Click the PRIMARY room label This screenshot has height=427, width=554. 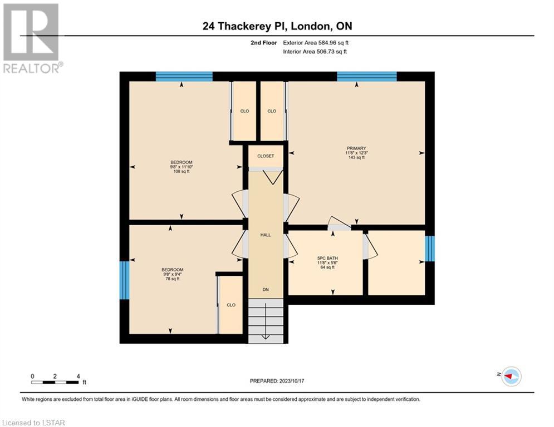(x=356, y=148)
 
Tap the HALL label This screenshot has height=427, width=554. (x=266, y=235)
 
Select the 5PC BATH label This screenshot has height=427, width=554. (x=327, y=258)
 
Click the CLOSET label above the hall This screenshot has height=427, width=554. (x=266, y=156)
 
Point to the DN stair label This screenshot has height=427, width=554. (x=266, y=289)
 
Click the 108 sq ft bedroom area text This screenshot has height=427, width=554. (x=182, y=171)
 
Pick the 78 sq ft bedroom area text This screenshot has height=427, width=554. (x=173, y=279)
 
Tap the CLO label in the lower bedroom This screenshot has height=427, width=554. (x=231, y=305)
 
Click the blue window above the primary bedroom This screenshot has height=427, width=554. (x=367, y=76)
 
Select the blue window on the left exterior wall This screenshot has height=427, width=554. (x=124, y=280)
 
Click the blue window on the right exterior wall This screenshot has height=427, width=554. (x=430, y=249)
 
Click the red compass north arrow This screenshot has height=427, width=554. (x=509, y=376)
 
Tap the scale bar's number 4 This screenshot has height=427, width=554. (x=78, y=376)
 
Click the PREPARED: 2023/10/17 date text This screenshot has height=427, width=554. (x=277, y=381)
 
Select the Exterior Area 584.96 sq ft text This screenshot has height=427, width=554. (x=316, y=43)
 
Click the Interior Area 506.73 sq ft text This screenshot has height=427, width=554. (x=315, y=52)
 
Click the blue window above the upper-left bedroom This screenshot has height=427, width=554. (x=184, y=76)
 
